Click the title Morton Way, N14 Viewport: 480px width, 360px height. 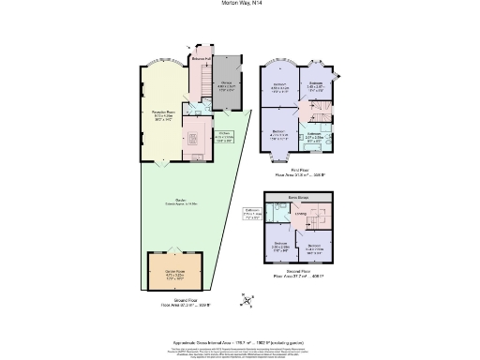pos(240,5)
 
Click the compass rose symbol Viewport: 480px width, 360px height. pos(246,299)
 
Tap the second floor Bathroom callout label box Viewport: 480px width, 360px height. pos(252,213)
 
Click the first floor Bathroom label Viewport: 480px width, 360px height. pos(313,135)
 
